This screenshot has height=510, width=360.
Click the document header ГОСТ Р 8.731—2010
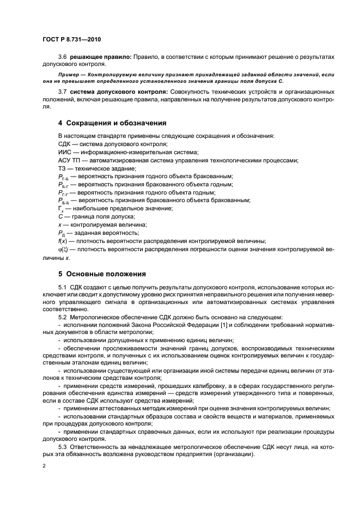point(71,40)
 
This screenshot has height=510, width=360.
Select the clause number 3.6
point(63,57)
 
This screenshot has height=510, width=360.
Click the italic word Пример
point(70,74)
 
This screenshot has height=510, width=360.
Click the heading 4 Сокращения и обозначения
point(112,123)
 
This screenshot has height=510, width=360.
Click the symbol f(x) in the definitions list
point(63,241)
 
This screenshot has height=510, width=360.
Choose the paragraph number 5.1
point(63,286)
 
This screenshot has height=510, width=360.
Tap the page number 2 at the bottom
point(43,466)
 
